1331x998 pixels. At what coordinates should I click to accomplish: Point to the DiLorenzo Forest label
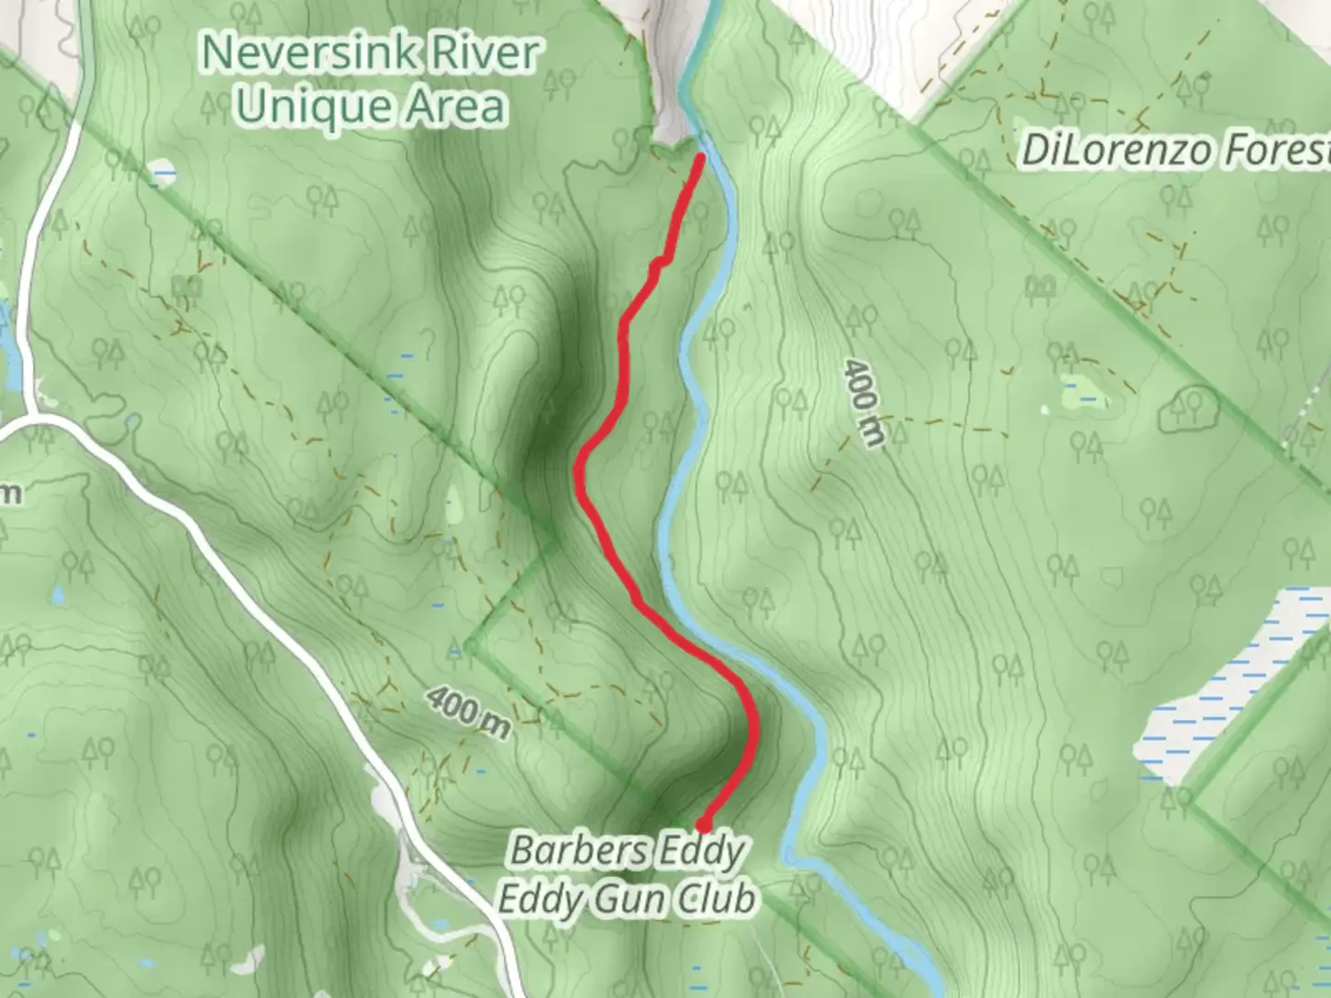1174,151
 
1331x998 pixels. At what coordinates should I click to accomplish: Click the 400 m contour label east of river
861,403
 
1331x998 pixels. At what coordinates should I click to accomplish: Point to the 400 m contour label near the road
469,712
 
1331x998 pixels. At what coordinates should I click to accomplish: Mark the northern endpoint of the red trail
702,158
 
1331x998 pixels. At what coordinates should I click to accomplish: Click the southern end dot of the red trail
704,824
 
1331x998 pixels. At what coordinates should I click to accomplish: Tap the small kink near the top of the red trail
658,266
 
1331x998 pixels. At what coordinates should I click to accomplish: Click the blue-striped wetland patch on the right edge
1220,684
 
